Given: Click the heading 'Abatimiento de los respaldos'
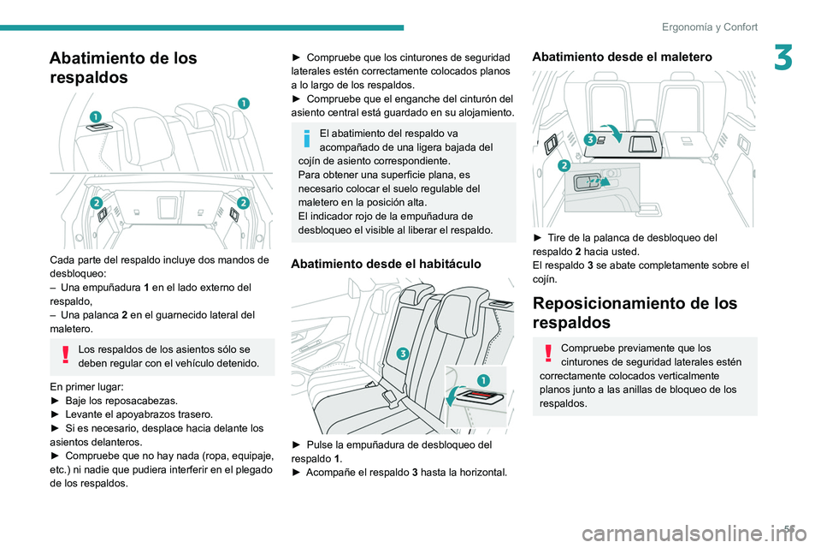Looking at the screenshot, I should point(123,68).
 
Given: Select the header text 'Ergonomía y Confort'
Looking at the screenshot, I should point(709,27).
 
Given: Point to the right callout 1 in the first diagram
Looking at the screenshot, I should point(244,103).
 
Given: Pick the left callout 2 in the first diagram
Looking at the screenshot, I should point(96,202).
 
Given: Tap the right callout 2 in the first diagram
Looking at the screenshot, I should point(243,202).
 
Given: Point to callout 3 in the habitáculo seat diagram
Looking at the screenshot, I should point(401,354).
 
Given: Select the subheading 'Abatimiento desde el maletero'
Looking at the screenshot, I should point(621,57).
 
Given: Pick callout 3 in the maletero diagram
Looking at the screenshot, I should point(591,138).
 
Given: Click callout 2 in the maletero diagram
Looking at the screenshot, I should point(564,165).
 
